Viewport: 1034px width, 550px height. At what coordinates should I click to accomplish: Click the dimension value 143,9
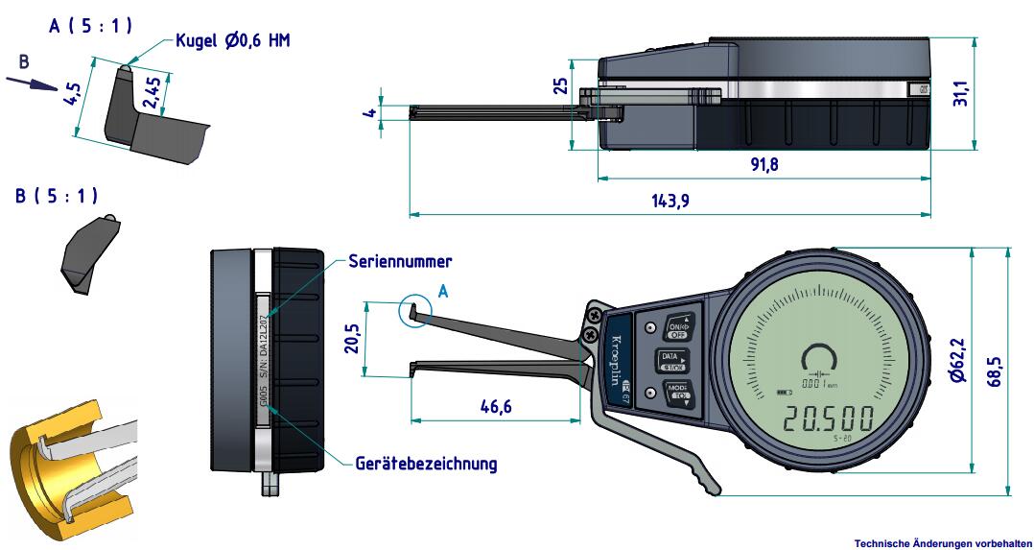(x=670, y=201)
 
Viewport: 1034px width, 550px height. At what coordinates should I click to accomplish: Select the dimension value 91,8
(x=764, y=164)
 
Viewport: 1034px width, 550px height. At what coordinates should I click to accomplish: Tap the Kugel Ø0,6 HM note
(x=232, y=40)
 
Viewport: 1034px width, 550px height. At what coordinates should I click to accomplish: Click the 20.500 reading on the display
(x=826, y=420)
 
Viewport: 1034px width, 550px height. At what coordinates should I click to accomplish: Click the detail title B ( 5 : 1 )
(x=57, y=196)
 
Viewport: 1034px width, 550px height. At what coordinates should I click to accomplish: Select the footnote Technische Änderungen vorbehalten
(x=943, y=543)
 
